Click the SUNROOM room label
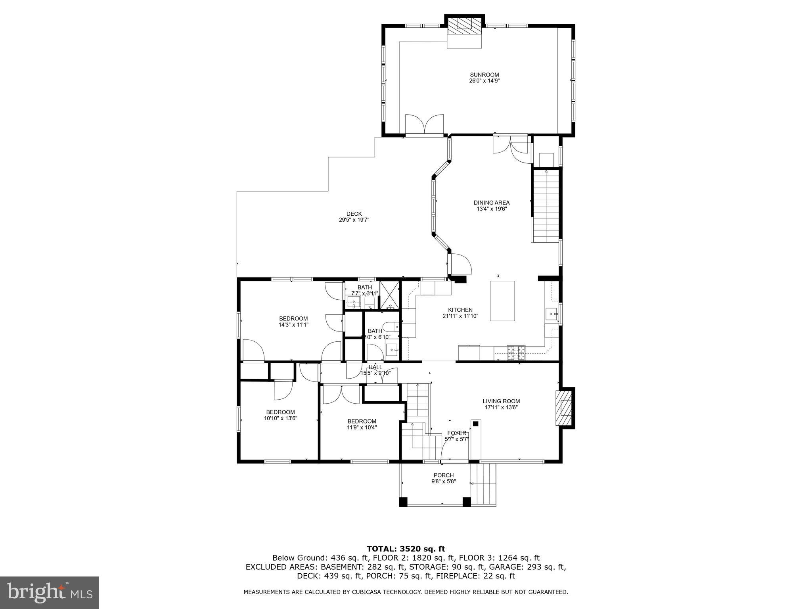[x=484, y=75]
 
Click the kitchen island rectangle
[x=502, y=301]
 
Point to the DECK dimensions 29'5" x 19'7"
[x=354, y=220]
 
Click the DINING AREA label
[x=491, y=203]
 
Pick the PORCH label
[x=443, y=475]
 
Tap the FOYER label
[x=457, y=433]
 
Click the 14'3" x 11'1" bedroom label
[x=293, y=318]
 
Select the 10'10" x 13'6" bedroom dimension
[x=280, y=418]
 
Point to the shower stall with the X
[x=390, y=295]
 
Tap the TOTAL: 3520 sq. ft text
[x=406, y=549]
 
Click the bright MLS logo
[x=50, y=593]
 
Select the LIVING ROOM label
[x=501, y=401]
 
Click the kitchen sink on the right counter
[x=552, y=314]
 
